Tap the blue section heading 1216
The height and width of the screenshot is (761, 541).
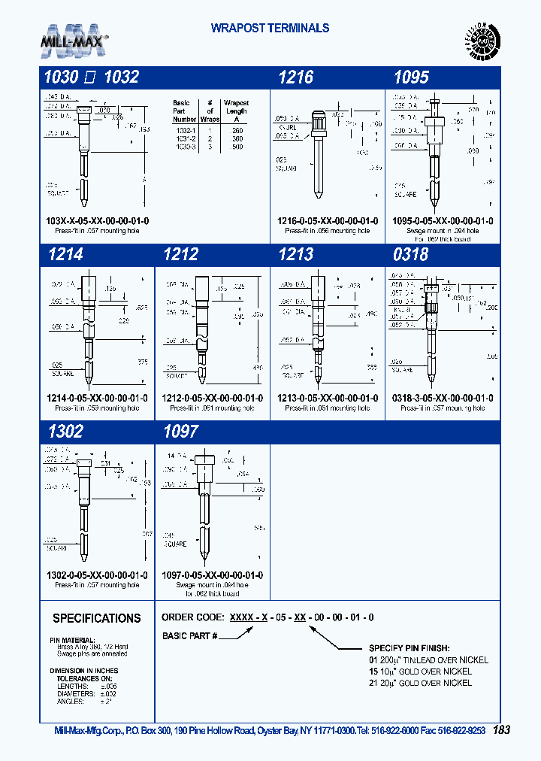tap(295, 77)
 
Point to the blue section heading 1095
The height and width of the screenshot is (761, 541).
tap(411, 77)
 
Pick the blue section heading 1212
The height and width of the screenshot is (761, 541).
tap(180, 255)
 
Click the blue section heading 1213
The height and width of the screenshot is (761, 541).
tap(295, 255)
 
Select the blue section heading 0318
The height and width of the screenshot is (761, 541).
tap(411, 255)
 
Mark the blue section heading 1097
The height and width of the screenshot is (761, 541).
tap(180, 432)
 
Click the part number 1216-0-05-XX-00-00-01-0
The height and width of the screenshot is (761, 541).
tap(327, 221)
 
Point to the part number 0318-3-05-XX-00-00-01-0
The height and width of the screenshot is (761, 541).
tap(443, 399)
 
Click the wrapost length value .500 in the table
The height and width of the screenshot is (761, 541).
tap(237, 147)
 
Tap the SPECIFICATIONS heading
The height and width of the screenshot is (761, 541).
tap(96, 618)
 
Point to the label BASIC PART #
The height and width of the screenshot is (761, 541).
tap(190, 636)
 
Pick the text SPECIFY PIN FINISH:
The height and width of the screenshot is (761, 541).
tap(409, 648)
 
